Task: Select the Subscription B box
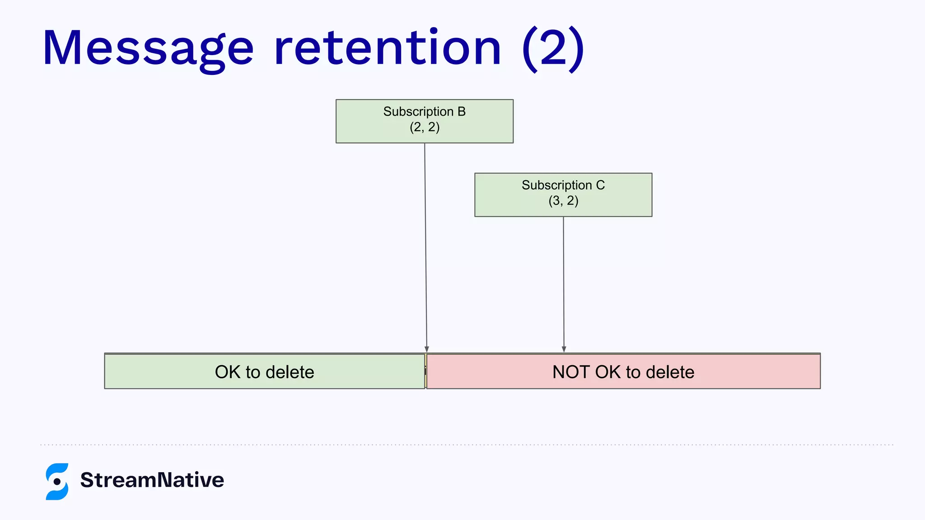(x=425, y=121)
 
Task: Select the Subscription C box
(x=563, y=195)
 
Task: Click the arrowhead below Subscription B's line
(x=427, y=349)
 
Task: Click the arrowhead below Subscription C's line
(x=564, y=349)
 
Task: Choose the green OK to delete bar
(x=181, y=371)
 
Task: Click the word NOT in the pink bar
(x=572, y=372)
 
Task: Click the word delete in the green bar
(x=290, y=372)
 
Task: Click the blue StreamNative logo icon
(x=57, y=481)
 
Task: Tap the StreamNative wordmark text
(x=152, y=480)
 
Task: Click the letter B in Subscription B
(x=461, y=111)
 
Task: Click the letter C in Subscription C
(x=600, y=185)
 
